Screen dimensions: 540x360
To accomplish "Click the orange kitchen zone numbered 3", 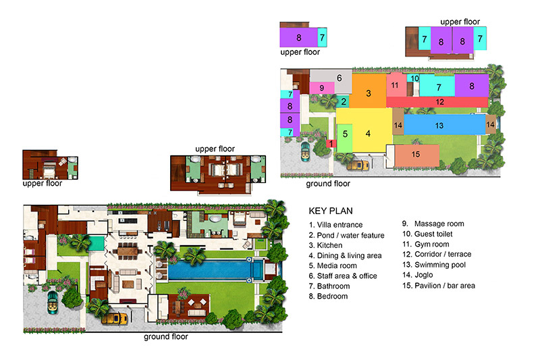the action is point(369,91).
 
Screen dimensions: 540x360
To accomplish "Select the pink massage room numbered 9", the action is point(322,88).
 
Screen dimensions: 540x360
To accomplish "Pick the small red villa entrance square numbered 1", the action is point(331,143).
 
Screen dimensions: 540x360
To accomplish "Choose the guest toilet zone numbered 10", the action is point(413,78).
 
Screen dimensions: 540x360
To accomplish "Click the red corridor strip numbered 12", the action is point(437,102).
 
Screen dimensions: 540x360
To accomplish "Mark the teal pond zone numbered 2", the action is point(343,101).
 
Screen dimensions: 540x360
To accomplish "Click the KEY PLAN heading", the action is point(331,211).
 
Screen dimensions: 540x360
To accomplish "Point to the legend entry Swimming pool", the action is point(440,265).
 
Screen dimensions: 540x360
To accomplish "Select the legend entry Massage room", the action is point(439,224).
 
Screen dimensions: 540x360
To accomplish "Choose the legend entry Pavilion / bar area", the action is point(445,286).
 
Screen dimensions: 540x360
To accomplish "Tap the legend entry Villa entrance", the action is point(340,225).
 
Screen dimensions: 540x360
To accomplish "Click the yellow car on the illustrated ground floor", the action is point(115,319).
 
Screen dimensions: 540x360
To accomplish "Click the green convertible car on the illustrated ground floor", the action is point(53,302).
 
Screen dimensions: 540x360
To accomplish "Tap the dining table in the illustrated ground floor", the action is point(128,251).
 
